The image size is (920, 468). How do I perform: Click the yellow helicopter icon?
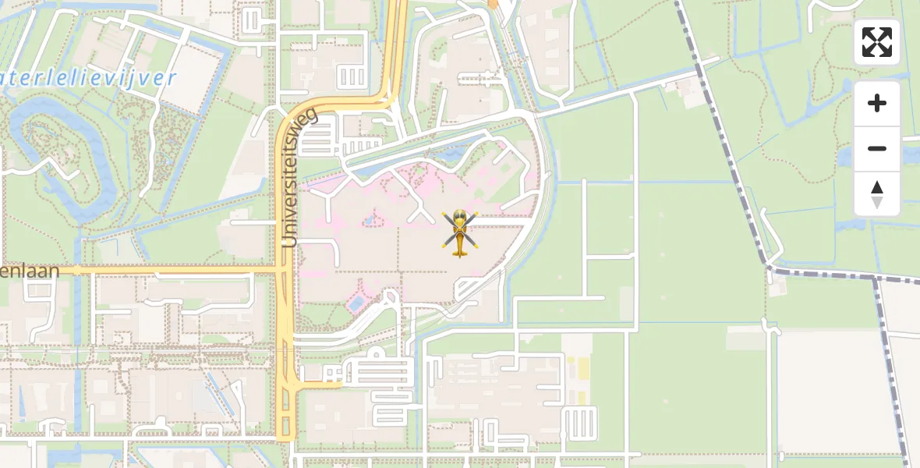460,232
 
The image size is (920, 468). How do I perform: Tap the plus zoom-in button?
877,104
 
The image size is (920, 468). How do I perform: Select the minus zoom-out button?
877,148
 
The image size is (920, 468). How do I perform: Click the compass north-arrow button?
877,193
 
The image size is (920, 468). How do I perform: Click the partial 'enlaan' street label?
29,271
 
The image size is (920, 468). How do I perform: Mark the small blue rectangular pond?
356,302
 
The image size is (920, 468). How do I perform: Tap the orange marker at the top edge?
493,4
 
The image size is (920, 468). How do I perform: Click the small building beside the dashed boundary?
778,289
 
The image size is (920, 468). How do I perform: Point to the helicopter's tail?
459,251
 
